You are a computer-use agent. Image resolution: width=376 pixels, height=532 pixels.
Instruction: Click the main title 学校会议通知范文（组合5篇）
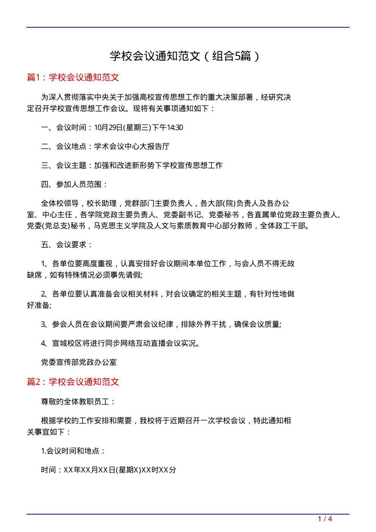(x=185, y=56)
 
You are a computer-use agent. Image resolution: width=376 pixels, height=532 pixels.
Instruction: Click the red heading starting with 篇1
(x=73, y=77)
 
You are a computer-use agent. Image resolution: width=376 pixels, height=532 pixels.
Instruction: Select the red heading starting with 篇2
(x=73, y=381)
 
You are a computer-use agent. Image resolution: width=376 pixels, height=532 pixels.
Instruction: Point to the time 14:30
(x=175, y=127)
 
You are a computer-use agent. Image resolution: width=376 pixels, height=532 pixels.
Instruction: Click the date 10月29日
(x=107, y=127)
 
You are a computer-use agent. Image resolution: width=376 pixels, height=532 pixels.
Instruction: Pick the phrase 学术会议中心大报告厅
(x=132, y=146)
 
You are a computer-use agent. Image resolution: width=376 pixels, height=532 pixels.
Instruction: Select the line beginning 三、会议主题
(x=132, y=165)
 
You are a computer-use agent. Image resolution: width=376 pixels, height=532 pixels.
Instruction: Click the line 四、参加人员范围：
(x=74, y=184)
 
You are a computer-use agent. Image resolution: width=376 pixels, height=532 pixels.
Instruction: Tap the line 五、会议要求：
(x=67, y=245)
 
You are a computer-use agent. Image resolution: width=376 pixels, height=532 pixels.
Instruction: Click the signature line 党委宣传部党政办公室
(x=78, y=362)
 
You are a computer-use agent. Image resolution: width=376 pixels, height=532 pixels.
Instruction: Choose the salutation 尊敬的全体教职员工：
(x=78, y=402)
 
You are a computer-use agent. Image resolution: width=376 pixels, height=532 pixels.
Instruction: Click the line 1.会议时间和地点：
(x=73, y=451)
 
